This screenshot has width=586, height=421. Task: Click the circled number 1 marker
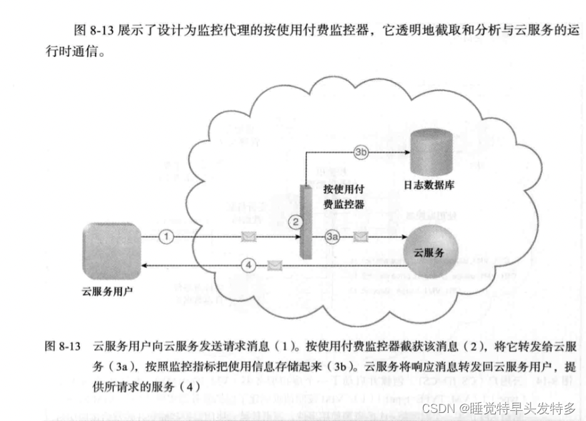[x=168, y=236]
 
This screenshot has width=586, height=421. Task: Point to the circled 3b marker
[x=361, y=152]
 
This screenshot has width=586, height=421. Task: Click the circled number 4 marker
[x=248, y=265]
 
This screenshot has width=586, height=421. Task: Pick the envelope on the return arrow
[x=273, y=265]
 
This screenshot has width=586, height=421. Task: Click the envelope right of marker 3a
[x=360, y=237]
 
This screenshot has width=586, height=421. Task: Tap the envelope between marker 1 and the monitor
[x=250, y=236]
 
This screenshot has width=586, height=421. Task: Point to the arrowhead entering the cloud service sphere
[x=402, y=237]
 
